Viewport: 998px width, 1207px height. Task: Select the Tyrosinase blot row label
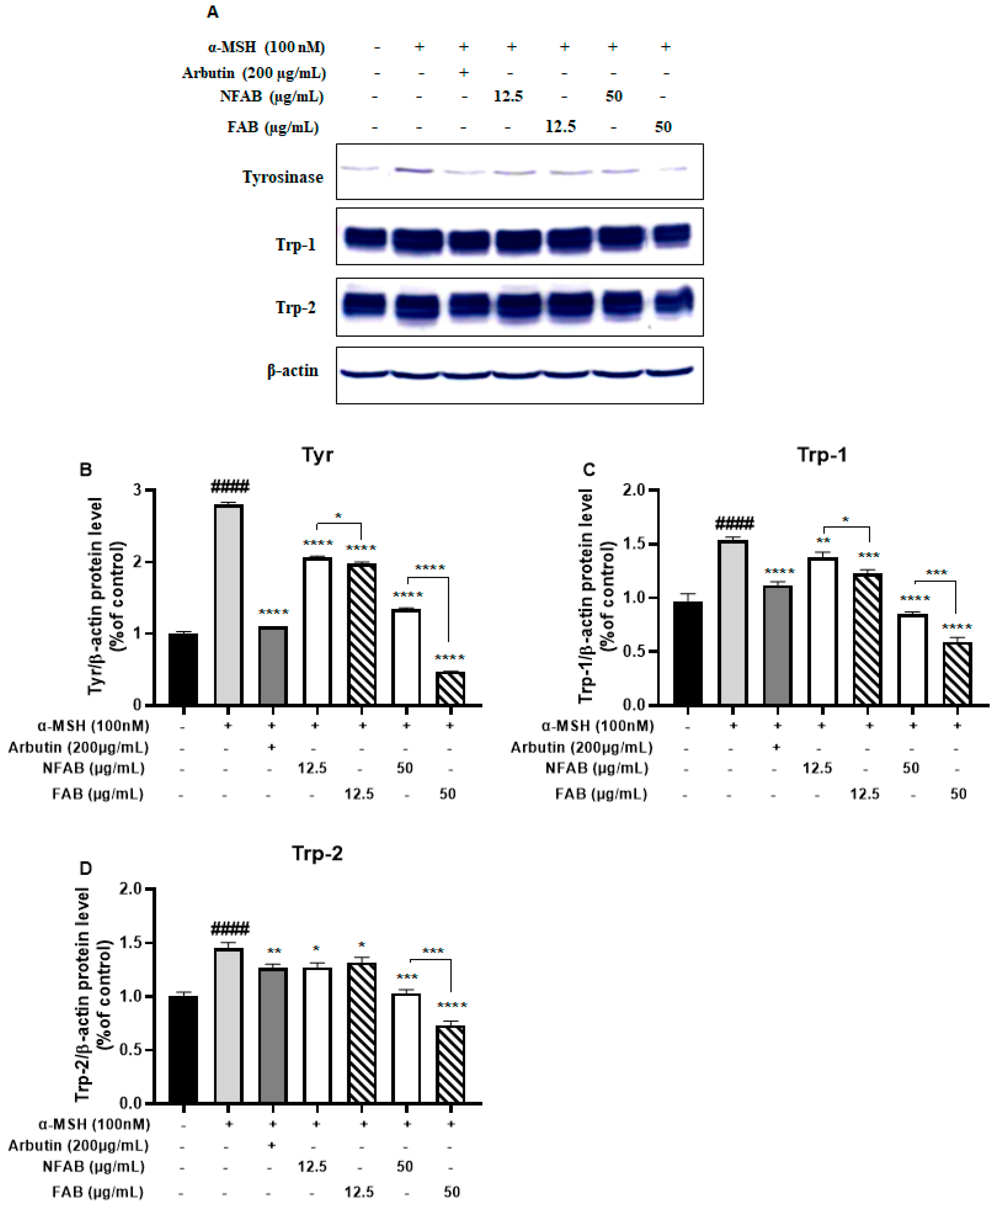[x=283, y=177]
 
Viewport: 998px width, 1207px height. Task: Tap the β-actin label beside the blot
[x=292, y=371]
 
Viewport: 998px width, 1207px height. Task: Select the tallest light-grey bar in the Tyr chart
[x=228, y=603]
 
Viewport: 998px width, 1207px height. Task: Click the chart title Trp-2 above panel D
[x=317, y=853]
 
